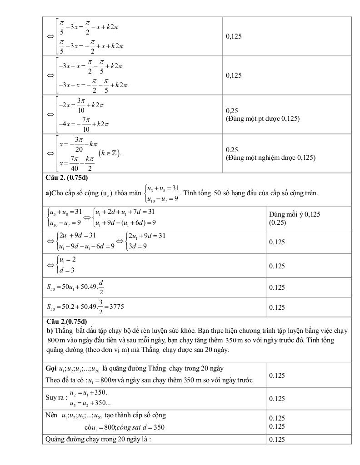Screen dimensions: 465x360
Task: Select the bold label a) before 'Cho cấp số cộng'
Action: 48,193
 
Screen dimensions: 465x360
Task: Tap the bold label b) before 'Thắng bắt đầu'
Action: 49,329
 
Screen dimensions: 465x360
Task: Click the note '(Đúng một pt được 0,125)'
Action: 262,119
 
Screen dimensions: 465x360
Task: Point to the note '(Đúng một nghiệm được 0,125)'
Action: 270,158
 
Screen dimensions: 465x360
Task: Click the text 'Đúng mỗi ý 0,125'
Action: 294,214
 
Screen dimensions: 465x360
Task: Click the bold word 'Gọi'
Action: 51,368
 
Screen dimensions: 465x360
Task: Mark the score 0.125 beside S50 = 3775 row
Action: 277,307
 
